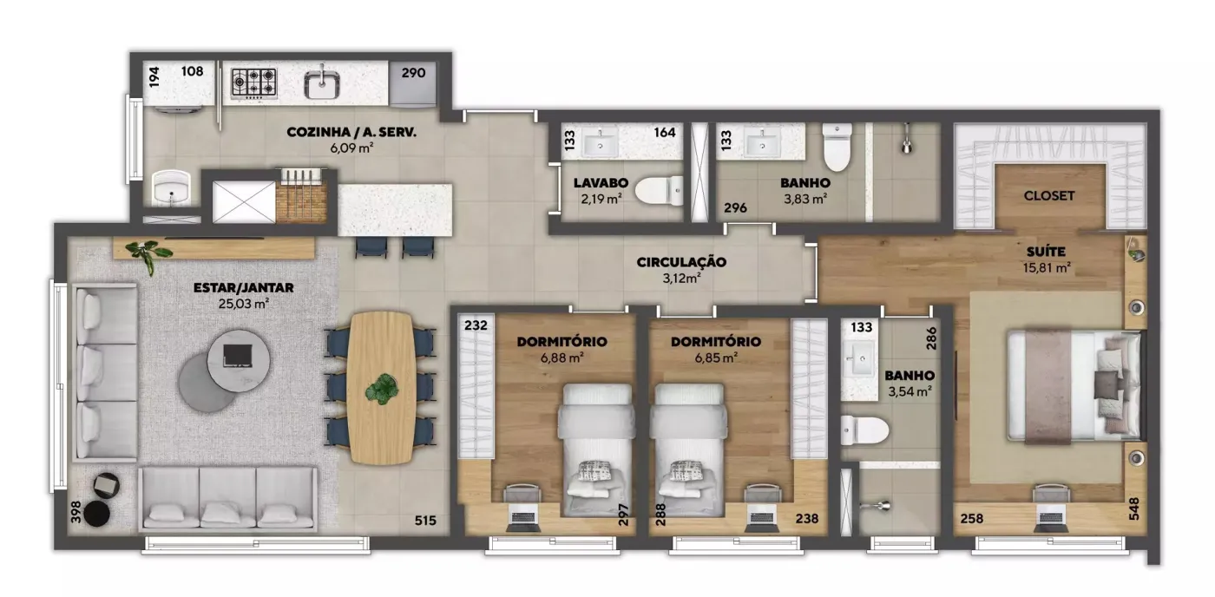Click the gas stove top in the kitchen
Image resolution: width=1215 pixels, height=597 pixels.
(253, 83)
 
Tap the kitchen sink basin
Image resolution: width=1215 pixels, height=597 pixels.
(322, 84)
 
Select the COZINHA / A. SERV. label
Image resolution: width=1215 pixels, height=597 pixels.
(351, 132)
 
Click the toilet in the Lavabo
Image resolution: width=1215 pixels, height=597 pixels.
(659, 190)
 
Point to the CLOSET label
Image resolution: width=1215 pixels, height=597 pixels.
(1049, 196)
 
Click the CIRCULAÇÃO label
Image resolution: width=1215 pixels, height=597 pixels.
(681, 262)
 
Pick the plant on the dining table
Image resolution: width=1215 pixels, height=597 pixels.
(383, 389)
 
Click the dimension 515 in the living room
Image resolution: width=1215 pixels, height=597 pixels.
(425, 521)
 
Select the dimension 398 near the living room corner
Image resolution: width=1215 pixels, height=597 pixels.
(76, 512)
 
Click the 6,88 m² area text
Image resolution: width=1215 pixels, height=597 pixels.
(562, 358)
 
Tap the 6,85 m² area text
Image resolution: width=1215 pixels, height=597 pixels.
(716, 358)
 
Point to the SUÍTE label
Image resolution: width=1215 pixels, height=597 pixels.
(1047, 252)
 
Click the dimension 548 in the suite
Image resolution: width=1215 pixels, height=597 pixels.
(1133, 508)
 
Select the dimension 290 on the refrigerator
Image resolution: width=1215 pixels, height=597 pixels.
(413, 73)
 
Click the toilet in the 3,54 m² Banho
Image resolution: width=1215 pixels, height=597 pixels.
(864, 430)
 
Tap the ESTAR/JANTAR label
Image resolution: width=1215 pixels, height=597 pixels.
(244, 288)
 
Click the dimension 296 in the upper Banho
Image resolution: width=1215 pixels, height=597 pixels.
(736, 207)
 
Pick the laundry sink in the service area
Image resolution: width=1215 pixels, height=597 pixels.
(172, 187)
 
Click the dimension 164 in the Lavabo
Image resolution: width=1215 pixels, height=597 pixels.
(665, 132)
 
